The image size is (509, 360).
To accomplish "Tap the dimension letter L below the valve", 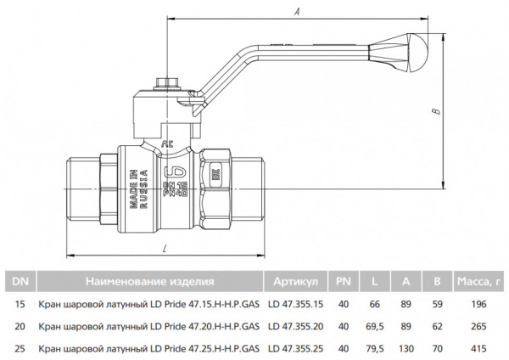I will click(x=163, y=247).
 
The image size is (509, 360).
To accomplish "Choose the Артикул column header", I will click(x=295, y=281).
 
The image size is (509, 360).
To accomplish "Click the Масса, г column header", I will click(x=480, y=281).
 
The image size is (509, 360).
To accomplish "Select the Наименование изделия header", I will click(x=149, y=281).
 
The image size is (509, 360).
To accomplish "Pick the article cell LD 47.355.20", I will click(x=295, y=325).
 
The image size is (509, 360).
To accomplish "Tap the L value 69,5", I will click(x=373, y=325).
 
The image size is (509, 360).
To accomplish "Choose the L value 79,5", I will click(x=373, y=348).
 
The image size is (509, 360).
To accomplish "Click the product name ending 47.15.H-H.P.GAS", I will click(x=149, y=303).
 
